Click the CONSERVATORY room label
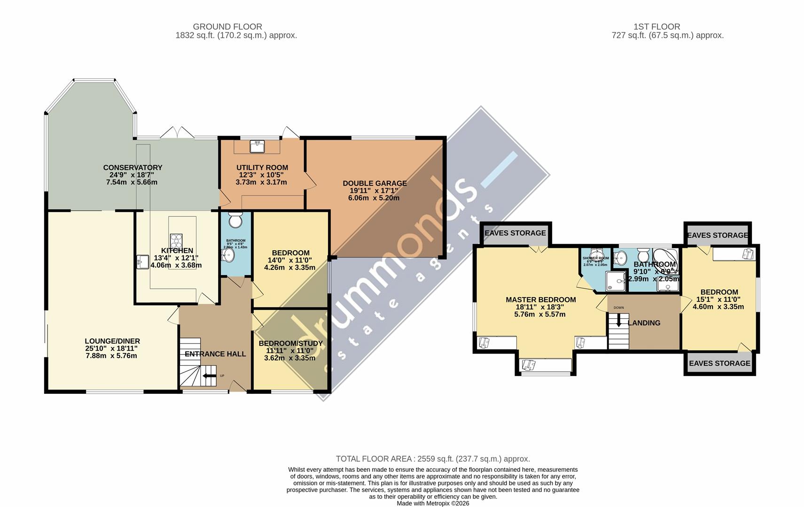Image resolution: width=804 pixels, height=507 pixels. pos(133,168)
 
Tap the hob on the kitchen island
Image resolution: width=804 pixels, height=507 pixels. pos(176,241)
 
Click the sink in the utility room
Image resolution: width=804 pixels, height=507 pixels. pos(257,146)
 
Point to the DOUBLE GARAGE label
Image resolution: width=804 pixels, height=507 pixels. pos(375,184)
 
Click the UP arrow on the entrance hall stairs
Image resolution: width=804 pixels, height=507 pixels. pos(207,376)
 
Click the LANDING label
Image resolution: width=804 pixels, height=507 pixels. pos(644,323)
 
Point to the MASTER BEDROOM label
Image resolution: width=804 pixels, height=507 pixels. pos(540,300)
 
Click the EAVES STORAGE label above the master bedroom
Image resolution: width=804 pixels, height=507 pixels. pos(515,233)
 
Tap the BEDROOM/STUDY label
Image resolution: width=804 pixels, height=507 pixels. pos(290,344)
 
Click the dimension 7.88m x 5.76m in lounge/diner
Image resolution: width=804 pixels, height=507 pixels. pos(111,356)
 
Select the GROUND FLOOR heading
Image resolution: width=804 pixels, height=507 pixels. pos(227,27)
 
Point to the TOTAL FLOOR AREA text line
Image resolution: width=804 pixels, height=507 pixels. pos(432,459)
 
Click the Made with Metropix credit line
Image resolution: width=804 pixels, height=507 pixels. pos(432,503)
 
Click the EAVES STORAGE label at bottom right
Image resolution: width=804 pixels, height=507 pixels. pos(719,363)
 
